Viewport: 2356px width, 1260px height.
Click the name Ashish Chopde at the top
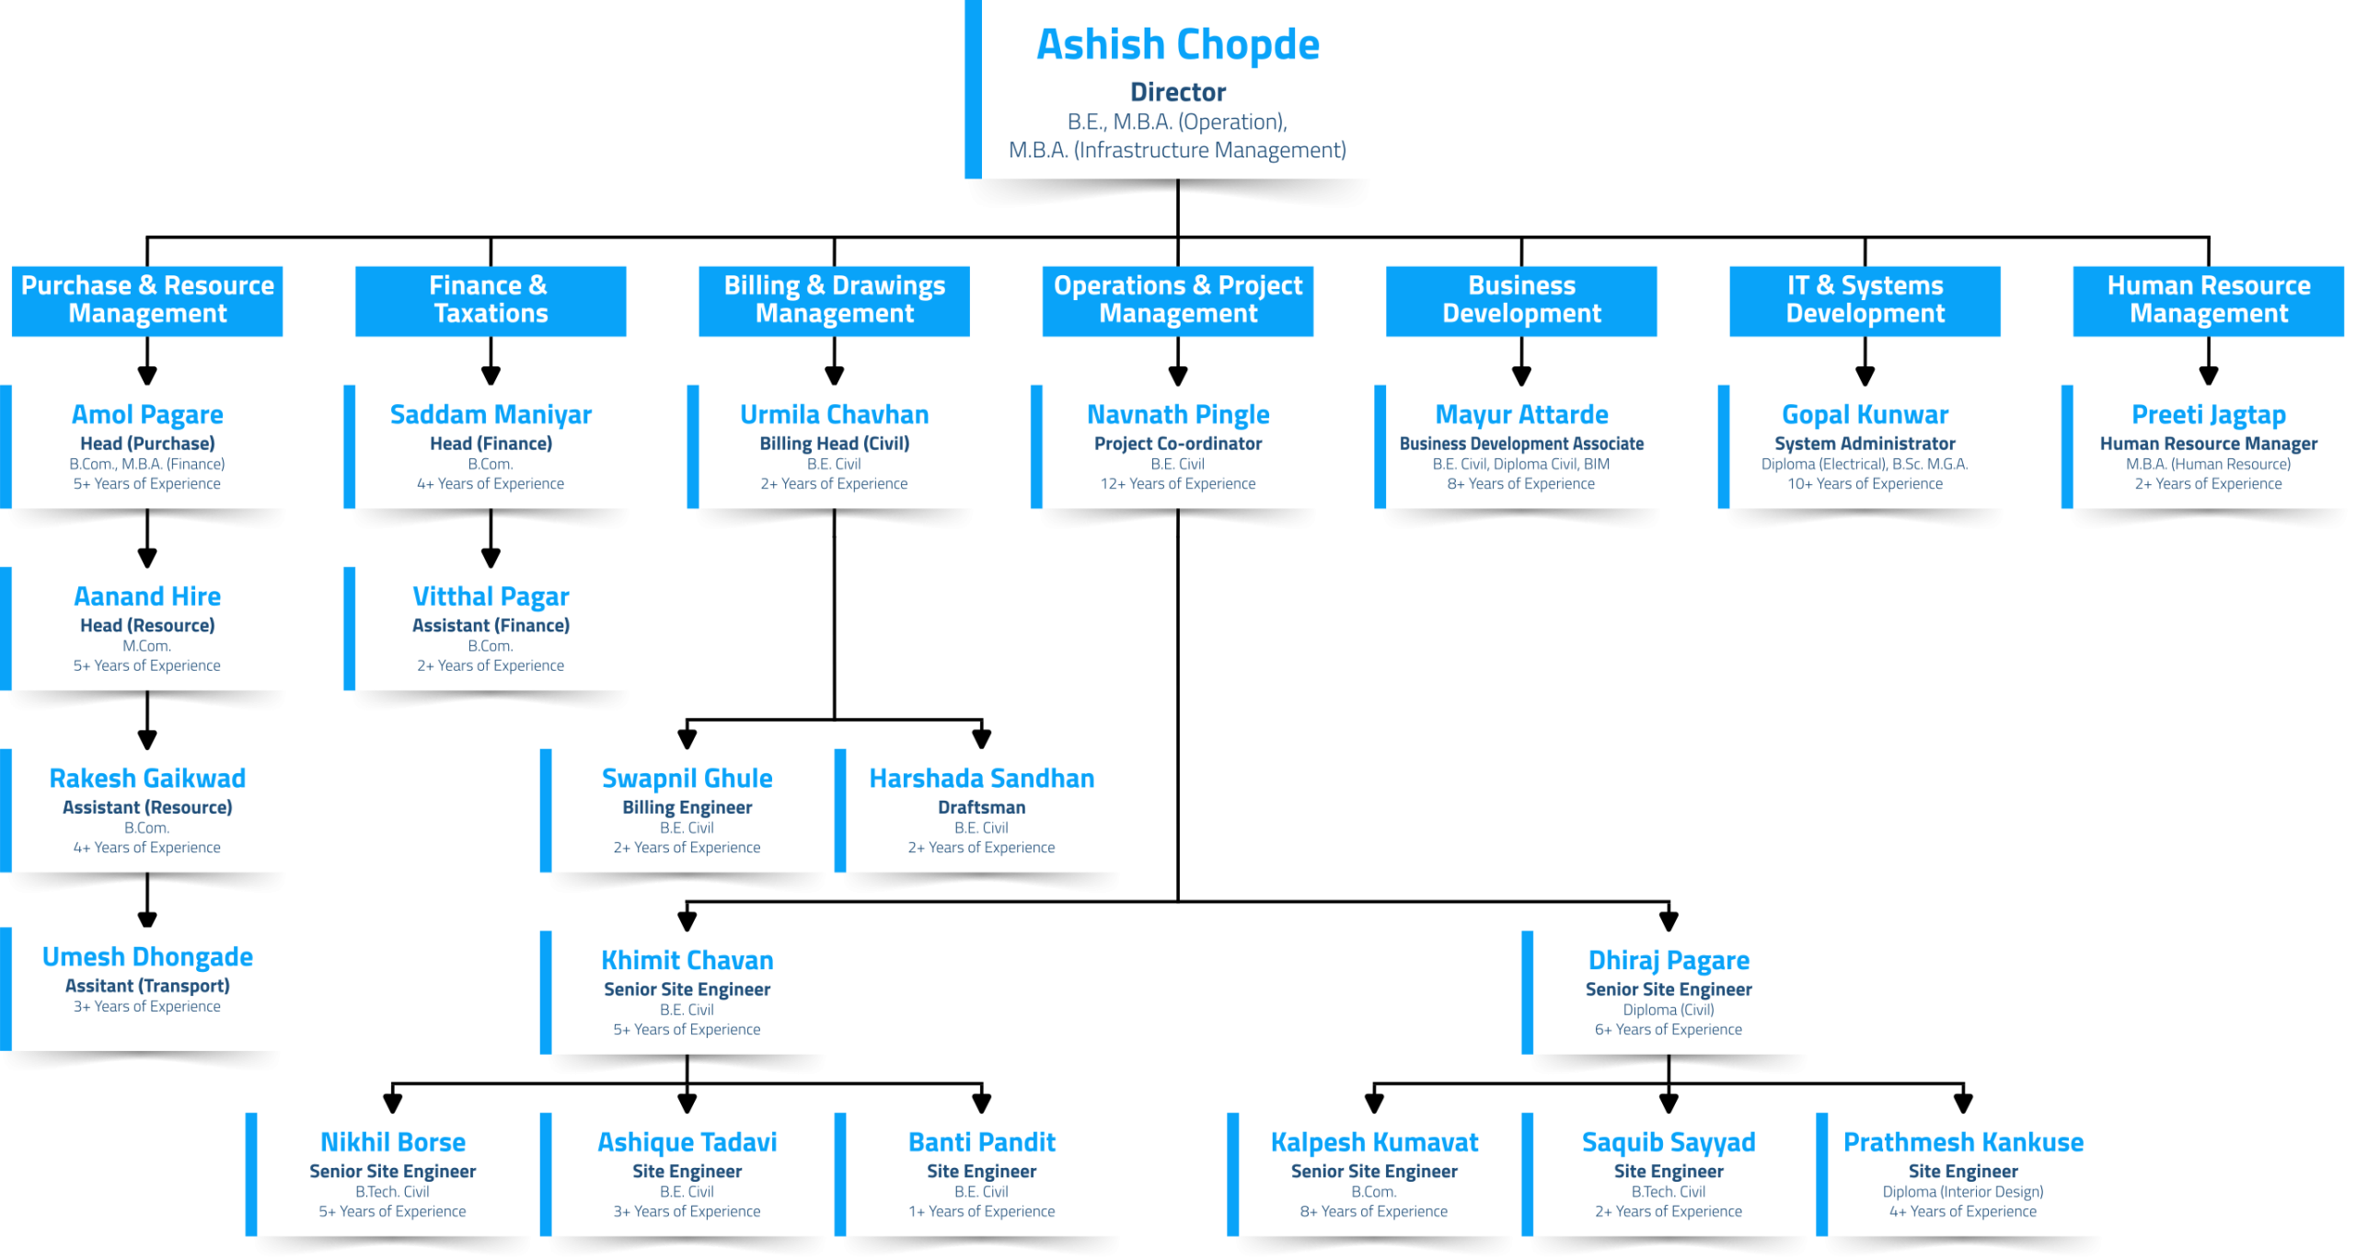click(1177, 44)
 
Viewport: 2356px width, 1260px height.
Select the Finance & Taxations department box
click(491, 301)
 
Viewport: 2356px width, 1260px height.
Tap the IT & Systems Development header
click(1865, 301)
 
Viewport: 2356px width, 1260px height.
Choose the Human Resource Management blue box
click(2208, 301)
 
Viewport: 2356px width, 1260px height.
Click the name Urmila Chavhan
click(834, 414)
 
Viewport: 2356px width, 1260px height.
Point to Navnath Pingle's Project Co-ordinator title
click(1177, 444)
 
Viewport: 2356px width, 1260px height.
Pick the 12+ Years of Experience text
click(1177, 484)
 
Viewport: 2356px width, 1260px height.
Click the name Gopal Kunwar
click(1865, 414)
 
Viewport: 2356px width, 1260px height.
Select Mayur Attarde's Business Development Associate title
click(1521, 444)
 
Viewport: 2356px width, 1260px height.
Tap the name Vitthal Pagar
click(491, 596)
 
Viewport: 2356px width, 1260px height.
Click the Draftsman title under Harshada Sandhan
click(981, 807)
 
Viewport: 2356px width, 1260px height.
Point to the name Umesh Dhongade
click(147, 956)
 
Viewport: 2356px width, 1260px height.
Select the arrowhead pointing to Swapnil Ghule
click(687, 738)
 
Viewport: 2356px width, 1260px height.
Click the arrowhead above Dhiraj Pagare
click(1669, 920)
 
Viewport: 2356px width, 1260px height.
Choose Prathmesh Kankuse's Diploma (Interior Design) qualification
click(1962, 1192)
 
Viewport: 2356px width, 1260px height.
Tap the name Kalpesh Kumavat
click(1374, 1142)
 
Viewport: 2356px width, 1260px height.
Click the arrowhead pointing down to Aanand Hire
click(147, 557)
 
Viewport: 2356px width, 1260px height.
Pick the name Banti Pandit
click(981, 1142)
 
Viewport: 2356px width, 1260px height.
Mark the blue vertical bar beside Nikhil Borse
click(251, 1174)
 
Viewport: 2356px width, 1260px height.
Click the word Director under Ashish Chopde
click(1177, 92)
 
